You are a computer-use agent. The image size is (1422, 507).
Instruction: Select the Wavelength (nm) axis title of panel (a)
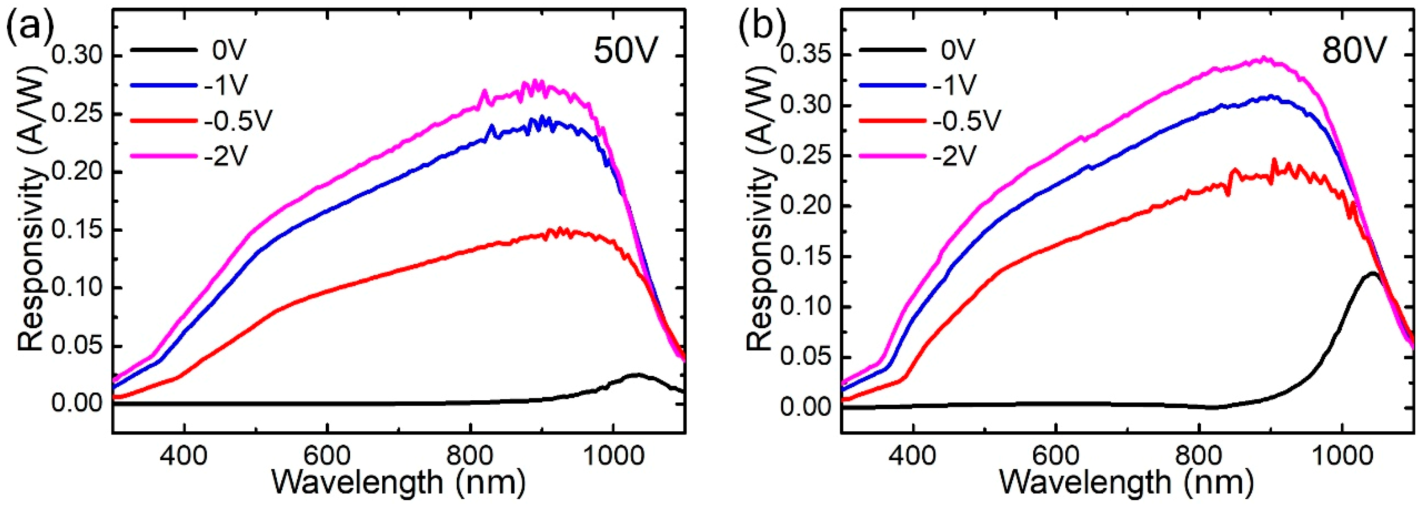point(397,482)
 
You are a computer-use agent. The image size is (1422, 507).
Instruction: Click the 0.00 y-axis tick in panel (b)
point(806,408)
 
